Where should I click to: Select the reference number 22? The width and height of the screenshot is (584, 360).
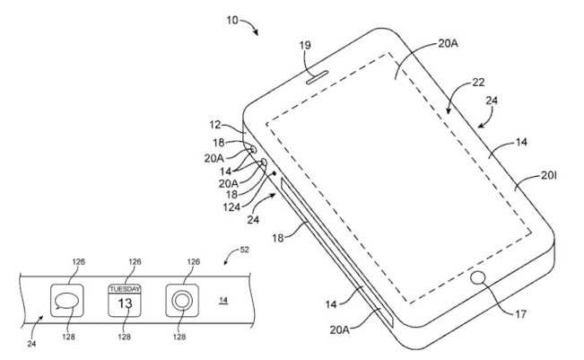tap(480, 82)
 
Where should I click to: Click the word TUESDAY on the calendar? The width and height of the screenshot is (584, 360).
tap(125, 289)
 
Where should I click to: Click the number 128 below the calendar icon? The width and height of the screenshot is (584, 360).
tap(125, 337)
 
